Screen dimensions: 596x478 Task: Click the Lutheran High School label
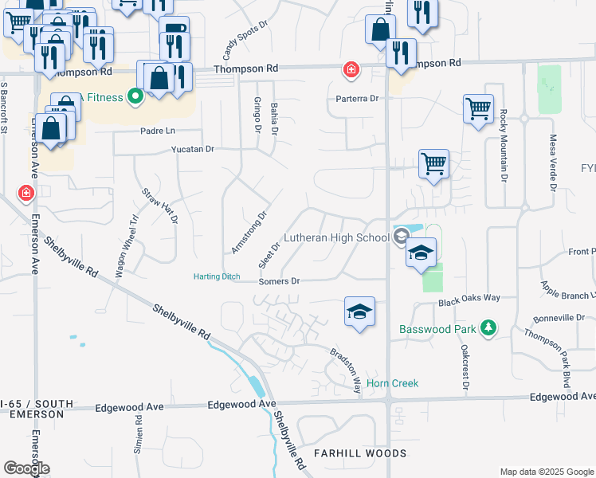[x=338, y=238]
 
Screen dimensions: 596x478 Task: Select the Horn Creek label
[x=392, y=383]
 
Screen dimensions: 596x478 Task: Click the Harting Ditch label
[x=217, y=276]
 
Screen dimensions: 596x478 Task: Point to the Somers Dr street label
[x=279, y=281]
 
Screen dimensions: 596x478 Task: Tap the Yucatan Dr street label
[x=188, y=149]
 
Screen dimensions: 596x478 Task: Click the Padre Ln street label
[x=156, y=131]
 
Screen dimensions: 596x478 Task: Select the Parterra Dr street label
[x=356, y=99]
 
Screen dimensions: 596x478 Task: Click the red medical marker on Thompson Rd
[x=350, y=71]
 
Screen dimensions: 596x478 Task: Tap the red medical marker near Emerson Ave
[x=25, y=194]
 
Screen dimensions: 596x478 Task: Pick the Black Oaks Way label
[x=469, y=297]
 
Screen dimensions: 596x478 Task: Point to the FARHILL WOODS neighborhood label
[x=359, y=453]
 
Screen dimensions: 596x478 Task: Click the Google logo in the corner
[x=26, y=468]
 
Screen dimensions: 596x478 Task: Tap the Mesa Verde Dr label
[x=551, y=163]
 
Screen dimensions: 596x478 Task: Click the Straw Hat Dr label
[x=160, y=205]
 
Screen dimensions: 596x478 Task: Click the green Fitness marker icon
[x=135, y=98]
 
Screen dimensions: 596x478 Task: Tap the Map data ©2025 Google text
[x=546, y=472]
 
